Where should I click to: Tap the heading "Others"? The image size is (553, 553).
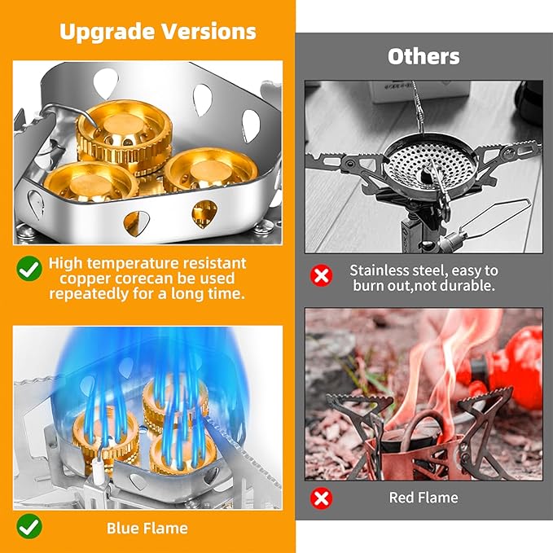[x=424, y=56]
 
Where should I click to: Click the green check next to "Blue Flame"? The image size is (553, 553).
[x=30, y=527]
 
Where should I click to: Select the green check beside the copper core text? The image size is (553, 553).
[x=30, y=266]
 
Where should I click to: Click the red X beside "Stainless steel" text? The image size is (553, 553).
[x=323, y=276]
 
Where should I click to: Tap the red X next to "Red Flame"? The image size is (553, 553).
[x=323, y=498]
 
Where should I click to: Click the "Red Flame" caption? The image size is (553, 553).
[x=424, y=498]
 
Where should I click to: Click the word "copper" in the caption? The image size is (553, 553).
[x=76, y=279]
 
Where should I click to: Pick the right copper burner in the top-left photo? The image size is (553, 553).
[x=211, y=169]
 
